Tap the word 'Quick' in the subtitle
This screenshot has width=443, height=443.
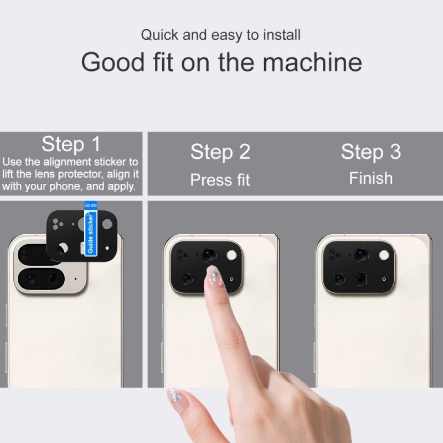(159, 35)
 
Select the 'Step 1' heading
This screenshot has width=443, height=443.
(71, 144)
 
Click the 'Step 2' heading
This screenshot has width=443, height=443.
(220, 152)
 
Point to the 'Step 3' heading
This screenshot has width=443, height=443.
(370, 151)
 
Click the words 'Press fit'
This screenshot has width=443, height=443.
(220, 180)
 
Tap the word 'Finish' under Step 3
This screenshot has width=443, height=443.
(370, 178)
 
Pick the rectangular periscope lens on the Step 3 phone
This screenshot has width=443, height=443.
(361, 278)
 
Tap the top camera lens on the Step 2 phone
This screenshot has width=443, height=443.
(209, 254)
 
